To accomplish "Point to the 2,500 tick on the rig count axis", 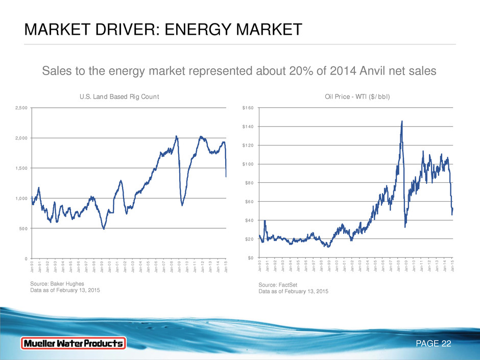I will [22, 108].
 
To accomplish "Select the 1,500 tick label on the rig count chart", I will [22, 168].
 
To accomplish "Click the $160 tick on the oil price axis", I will [248, 108].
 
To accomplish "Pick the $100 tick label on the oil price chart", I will [248, 164].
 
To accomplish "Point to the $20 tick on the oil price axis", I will [250, 239].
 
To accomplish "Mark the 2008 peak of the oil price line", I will [402, 122].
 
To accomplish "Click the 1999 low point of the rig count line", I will [104, 229].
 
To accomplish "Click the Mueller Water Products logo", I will [73, 344].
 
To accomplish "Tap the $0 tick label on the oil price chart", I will [251, 257].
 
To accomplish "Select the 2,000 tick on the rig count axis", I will [22, 138].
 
